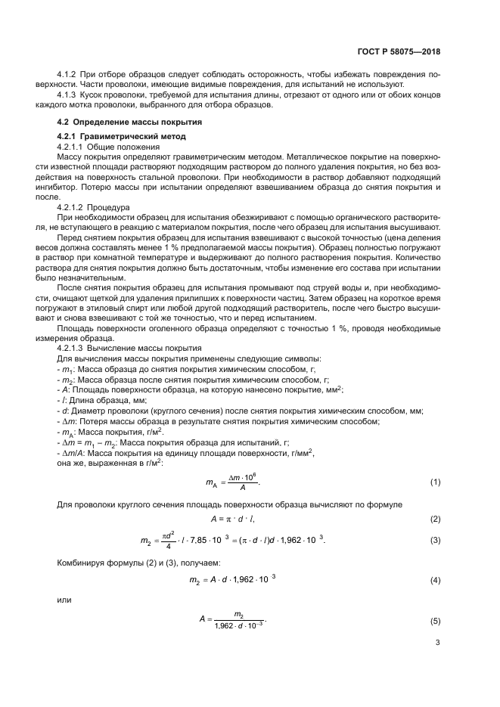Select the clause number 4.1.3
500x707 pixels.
(x=67, y=95)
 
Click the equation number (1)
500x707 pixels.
(x=435, y=482)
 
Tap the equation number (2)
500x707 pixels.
(x=435, y=519)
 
